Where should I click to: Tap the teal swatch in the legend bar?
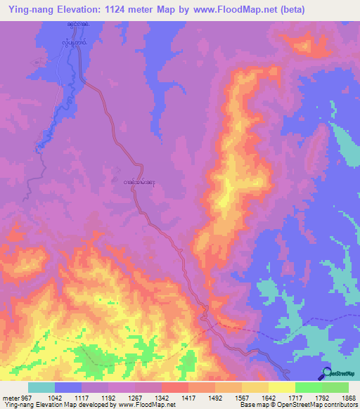[x=41, y=388]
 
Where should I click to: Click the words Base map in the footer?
[x=251, y=405]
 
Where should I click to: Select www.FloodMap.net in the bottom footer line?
[x=147, y=405]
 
